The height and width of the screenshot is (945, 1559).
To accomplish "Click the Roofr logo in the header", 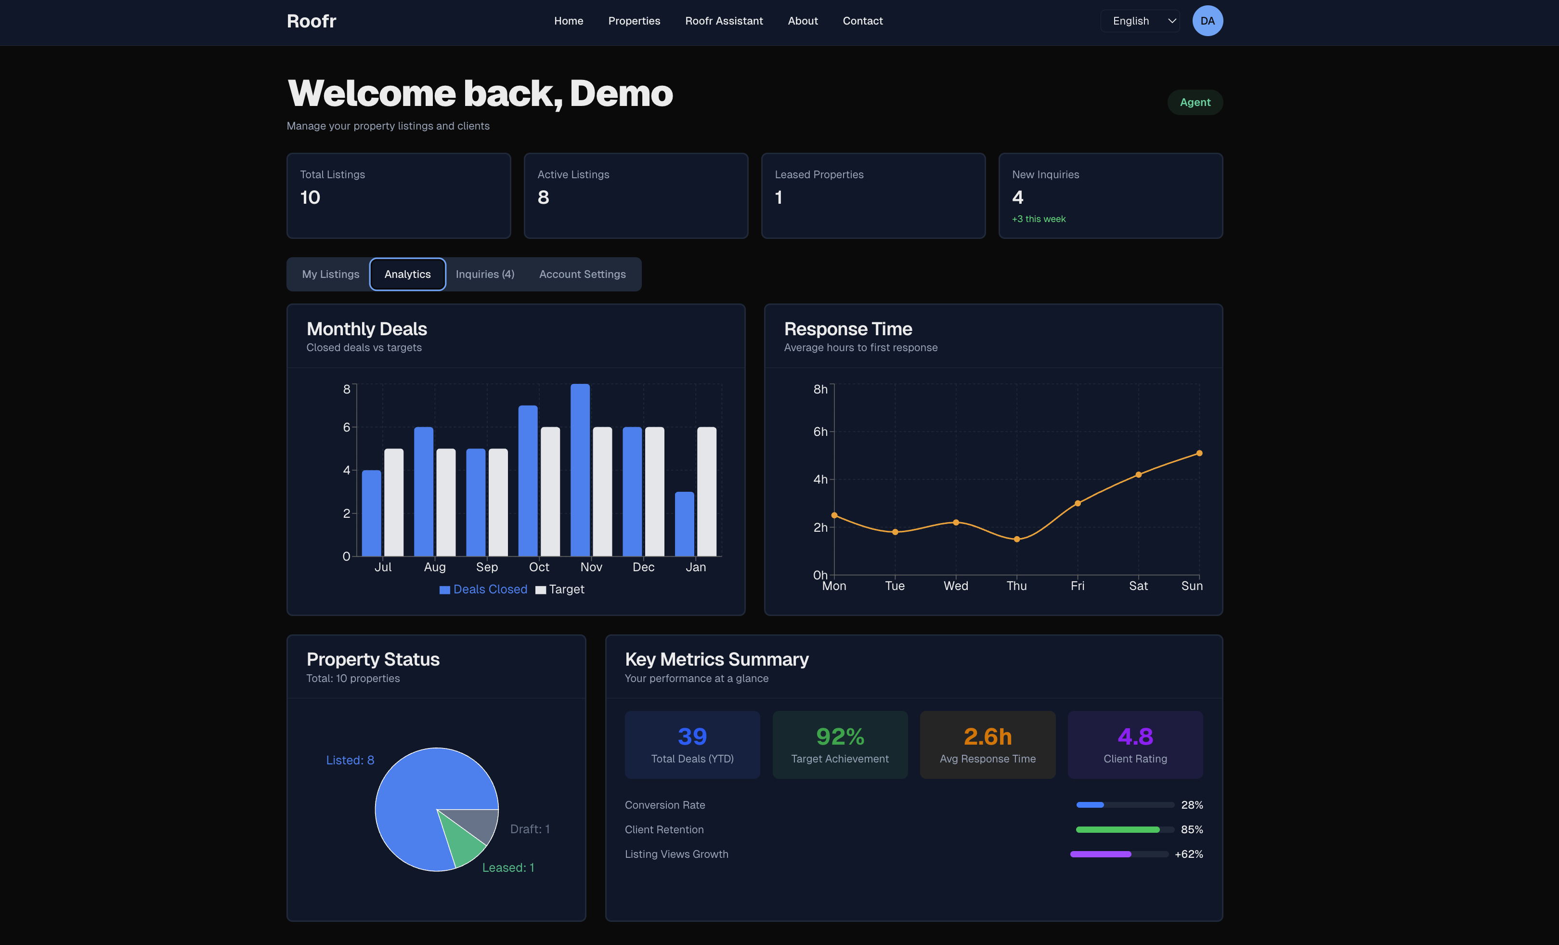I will tap(312, 21).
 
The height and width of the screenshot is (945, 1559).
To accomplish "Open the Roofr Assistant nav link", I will tap(724, 21).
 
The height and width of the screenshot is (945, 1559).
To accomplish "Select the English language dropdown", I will tap(1140, 21).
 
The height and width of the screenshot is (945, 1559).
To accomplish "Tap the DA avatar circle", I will tap(1207, 21).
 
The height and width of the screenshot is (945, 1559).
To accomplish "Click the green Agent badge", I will tap(1195, 103).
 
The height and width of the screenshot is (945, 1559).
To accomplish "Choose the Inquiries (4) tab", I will tap(485, 274).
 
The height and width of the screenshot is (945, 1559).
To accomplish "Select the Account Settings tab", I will tap(582, 274).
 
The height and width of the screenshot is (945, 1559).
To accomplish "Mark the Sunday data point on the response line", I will tap(1199, 453).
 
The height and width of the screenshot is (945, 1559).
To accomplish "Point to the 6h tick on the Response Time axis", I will tap(820, 432).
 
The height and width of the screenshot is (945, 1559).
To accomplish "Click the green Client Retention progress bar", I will tap(1118, 829).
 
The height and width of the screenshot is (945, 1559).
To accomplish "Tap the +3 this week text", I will tap(1038, 219).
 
